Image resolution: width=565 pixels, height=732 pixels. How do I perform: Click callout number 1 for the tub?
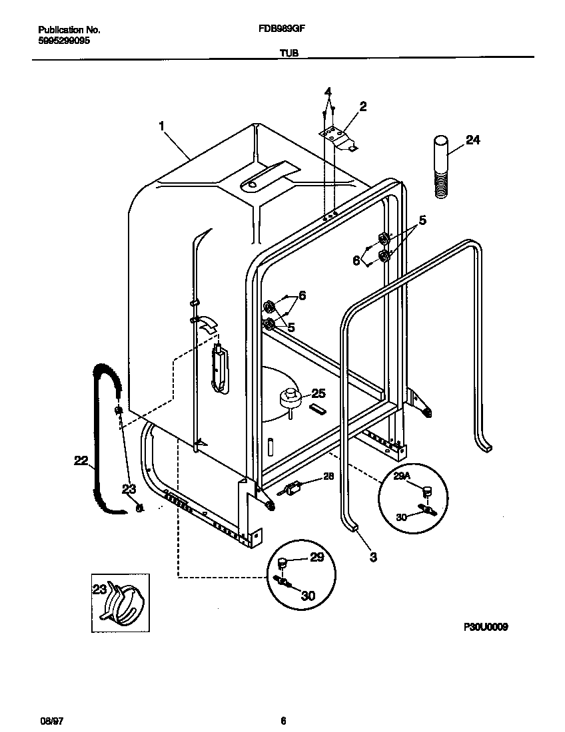coord(161,124)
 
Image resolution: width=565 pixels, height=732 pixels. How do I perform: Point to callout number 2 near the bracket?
coord(362,106)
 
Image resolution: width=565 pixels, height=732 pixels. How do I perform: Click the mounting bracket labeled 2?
coord(338,137)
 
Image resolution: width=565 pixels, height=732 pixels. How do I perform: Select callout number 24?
coord(472,140)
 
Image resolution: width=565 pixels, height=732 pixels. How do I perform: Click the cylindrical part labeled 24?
coord(440,166)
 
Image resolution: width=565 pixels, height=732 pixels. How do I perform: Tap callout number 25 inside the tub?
coord(318,393)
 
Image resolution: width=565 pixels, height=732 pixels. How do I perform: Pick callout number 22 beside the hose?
coord(81,460)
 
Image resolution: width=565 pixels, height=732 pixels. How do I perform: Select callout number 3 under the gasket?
coord(372,557)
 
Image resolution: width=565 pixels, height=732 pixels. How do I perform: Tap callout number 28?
coord(328,476)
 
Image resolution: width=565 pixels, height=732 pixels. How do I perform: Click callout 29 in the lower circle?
coord(316,557)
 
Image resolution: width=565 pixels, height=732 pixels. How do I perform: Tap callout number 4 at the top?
coord(328,91)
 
